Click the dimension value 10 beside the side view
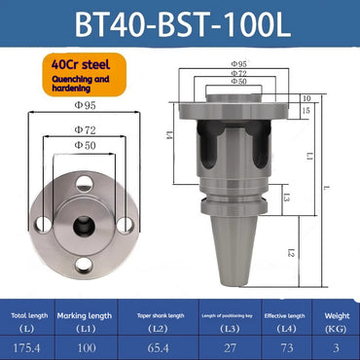(306, 98)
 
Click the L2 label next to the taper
(291, 252)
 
